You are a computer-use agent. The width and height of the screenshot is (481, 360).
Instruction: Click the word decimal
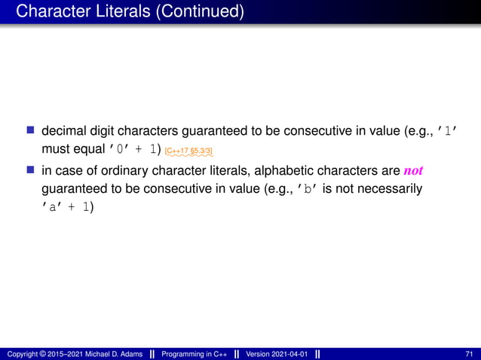click(66, 132)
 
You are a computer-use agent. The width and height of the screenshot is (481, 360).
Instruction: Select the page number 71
click(470, 353)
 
